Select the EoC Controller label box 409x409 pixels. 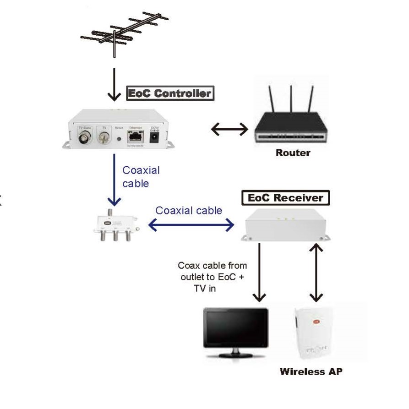[x=170, y=93]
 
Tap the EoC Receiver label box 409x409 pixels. [x=285, y=198]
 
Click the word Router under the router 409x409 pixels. [x=293, y=153]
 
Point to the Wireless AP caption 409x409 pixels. [x=311, y=371]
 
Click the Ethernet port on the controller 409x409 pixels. [x=136, y=136]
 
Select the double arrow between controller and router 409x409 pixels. [x=229, y=130]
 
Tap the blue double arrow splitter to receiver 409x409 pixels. [x=191, y=225]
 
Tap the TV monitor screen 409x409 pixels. [x=236, y=328]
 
